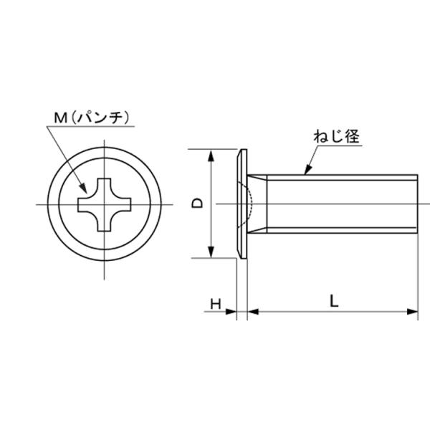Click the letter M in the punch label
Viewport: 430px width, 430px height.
[x=61, y=118]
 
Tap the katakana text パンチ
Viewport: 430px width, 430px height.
[x=100, y=118]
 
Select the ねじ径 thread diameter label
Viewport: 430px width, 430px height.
[x=337, y=136]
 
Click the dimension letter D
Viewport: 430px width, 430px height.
[x=197, y=204]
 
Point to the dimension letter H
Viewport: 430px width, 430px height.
[x=216, y=304]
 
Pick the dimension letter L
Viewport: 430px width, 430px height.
[x=334, y=301]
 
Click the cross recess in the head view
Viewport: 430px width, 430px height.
[x=105, y=204]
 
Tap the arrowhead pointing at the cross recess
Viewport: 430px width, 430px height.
[x=83, y=188]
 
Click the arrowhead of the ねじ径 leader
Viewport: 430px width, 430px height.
[x=308, y=170]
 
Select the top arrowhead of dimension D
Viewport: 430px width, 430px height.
[x=211, y=156]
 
